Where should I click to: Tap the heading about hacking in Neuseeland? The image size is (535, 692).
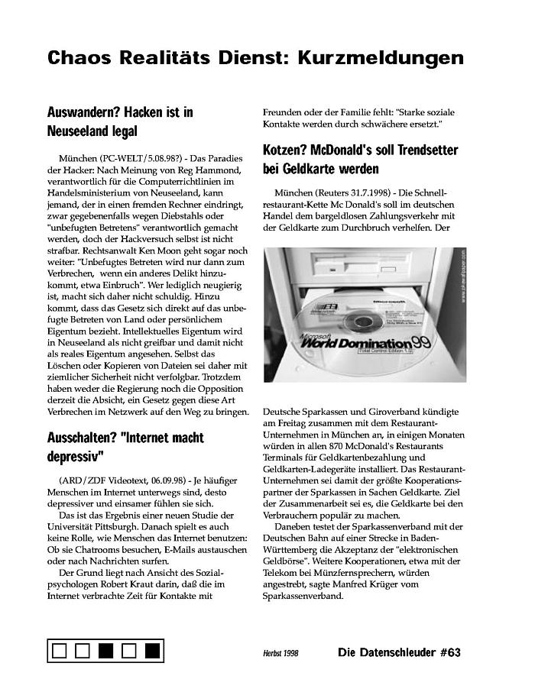(120, 121)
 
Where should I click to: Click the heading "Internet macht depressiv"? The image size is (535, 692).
(126, 448)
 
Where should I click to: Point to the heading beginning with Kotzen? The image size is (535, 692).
(360, 159)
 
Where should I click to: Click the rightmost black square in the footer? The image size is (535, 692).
(151, 652)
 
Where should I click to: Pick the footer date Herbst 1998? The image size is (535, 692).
(280, 655)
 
